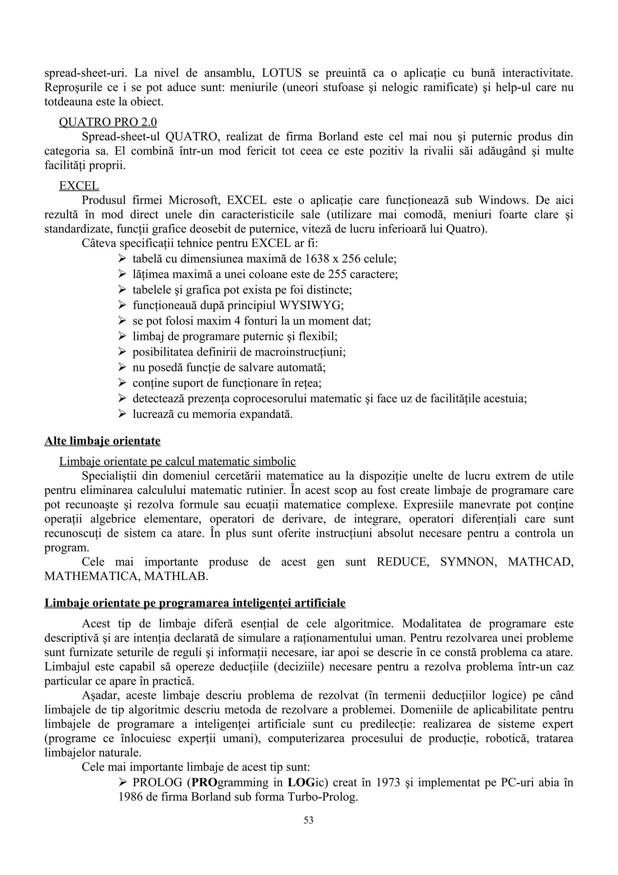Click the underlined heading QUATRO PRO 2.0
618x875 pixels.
click(x=108, y=122)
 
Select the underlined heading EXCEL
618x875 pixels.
click(x=79, y=186)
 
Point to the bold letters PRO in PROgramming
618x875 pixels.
click(x=204, y=783)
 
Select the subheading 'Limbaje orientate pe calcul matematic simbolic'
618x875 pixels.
click(x=177, y=462)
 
